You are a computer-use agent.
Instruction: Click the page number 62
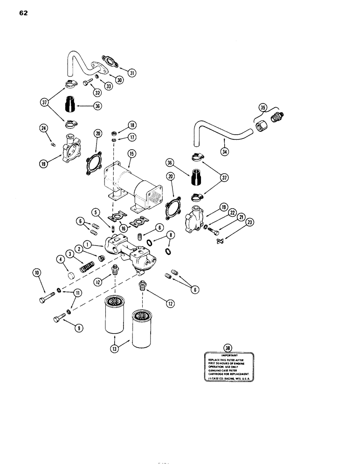click(x=24, y=13)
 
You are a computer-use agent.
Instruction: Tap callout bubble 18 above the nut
click(x=132, y=125)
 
